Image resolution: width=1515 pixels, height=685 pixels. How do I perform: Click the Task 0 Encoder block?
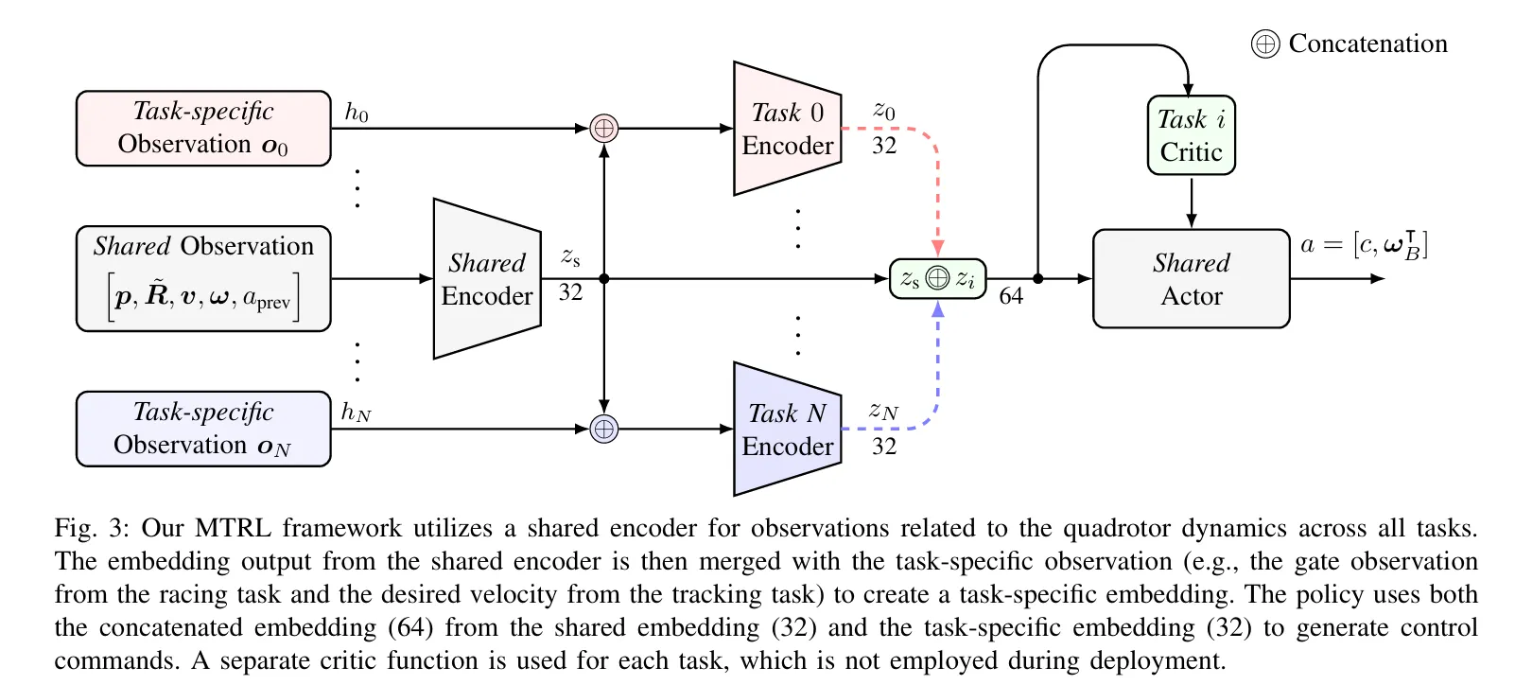pyautogui.click(x=787, y=129)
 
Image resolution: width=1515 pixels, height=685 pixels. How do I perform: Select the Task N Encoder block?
pyautogui.click(x=787, y=430)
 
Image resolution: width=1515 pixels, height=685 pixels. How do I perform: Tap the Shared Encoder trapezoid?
pyautogui.click(x=486, y=279)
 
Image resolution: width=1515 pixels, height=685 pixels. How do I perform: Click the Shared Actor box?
pyautogui.click(x=1191, y=279)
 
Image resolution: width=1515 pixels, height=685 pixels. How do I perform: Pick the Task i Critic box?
pyautogui.click(x=1191, y=135)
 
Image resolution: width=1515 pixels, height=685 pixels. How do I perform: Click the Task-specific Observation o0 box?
pyautogui.click(x=203, y=129)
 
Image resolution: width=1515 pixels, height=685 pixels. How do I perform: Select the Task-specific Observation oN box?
pyautogui.click(x=203, y=430)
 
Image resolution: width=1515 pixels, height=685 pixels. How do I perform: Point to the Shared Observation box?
pyautogui.click(x=203, y=279)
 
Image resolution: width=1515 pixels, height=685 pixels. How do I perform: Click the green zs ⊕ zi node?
pyautogui.click(x=937, y=278)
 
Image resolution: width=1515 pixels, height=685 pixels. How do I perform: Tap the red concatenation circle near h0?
pyautogui.click(x=603, y=128)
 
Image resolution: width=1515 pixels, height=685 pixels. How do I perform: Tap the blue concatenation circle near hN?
pyautogui.click(x=603, y=429)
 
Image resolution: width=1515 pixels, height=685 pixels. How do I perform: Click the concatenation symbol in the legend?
pyautogui.click(x=1264, y=44)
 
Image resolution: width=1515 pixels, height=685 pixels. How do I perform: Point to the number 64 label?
pyautogui.click(x=1011, y=296)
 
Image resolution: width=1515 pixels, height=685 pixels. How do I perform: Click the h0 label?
pyautogui.click(x=357, y=113)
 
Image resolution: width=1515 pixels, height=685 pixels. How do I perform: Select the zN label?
pyautogui.click(x=883, y=411)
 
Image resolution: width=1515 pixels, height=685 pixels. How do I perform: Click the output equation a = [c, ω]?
pyautogui.click(x=1363, y=245)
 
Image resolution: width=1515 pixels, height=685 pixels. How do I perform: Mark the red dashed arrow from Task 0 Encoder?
pyautogui.click(x=937, y=189)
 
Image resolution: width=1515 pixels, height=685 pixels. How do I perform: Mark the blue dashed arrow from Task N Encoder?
pyautogui.click(x=937, y=369)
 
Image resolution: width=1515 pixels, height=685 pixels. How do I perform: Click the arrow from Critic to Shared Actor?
pyautogui.click(x=1191, y=202)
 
